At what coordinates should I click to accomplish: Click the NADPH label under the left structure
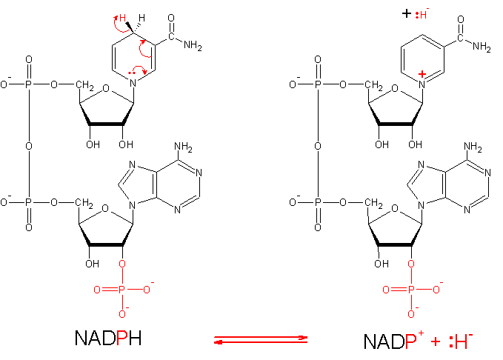point(108,339)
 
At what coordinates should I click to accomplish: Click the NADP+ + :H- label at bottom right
point(418,341)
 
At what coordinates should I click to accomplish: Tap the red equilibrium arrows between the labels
point(260,339)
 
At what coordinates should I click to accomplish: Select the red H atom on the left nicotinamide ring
point(124,17)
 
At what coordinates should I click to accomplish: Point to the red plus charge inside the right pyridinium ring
point(422,73)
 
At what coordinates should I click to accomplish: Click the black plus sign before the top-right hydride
point(406,13)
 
